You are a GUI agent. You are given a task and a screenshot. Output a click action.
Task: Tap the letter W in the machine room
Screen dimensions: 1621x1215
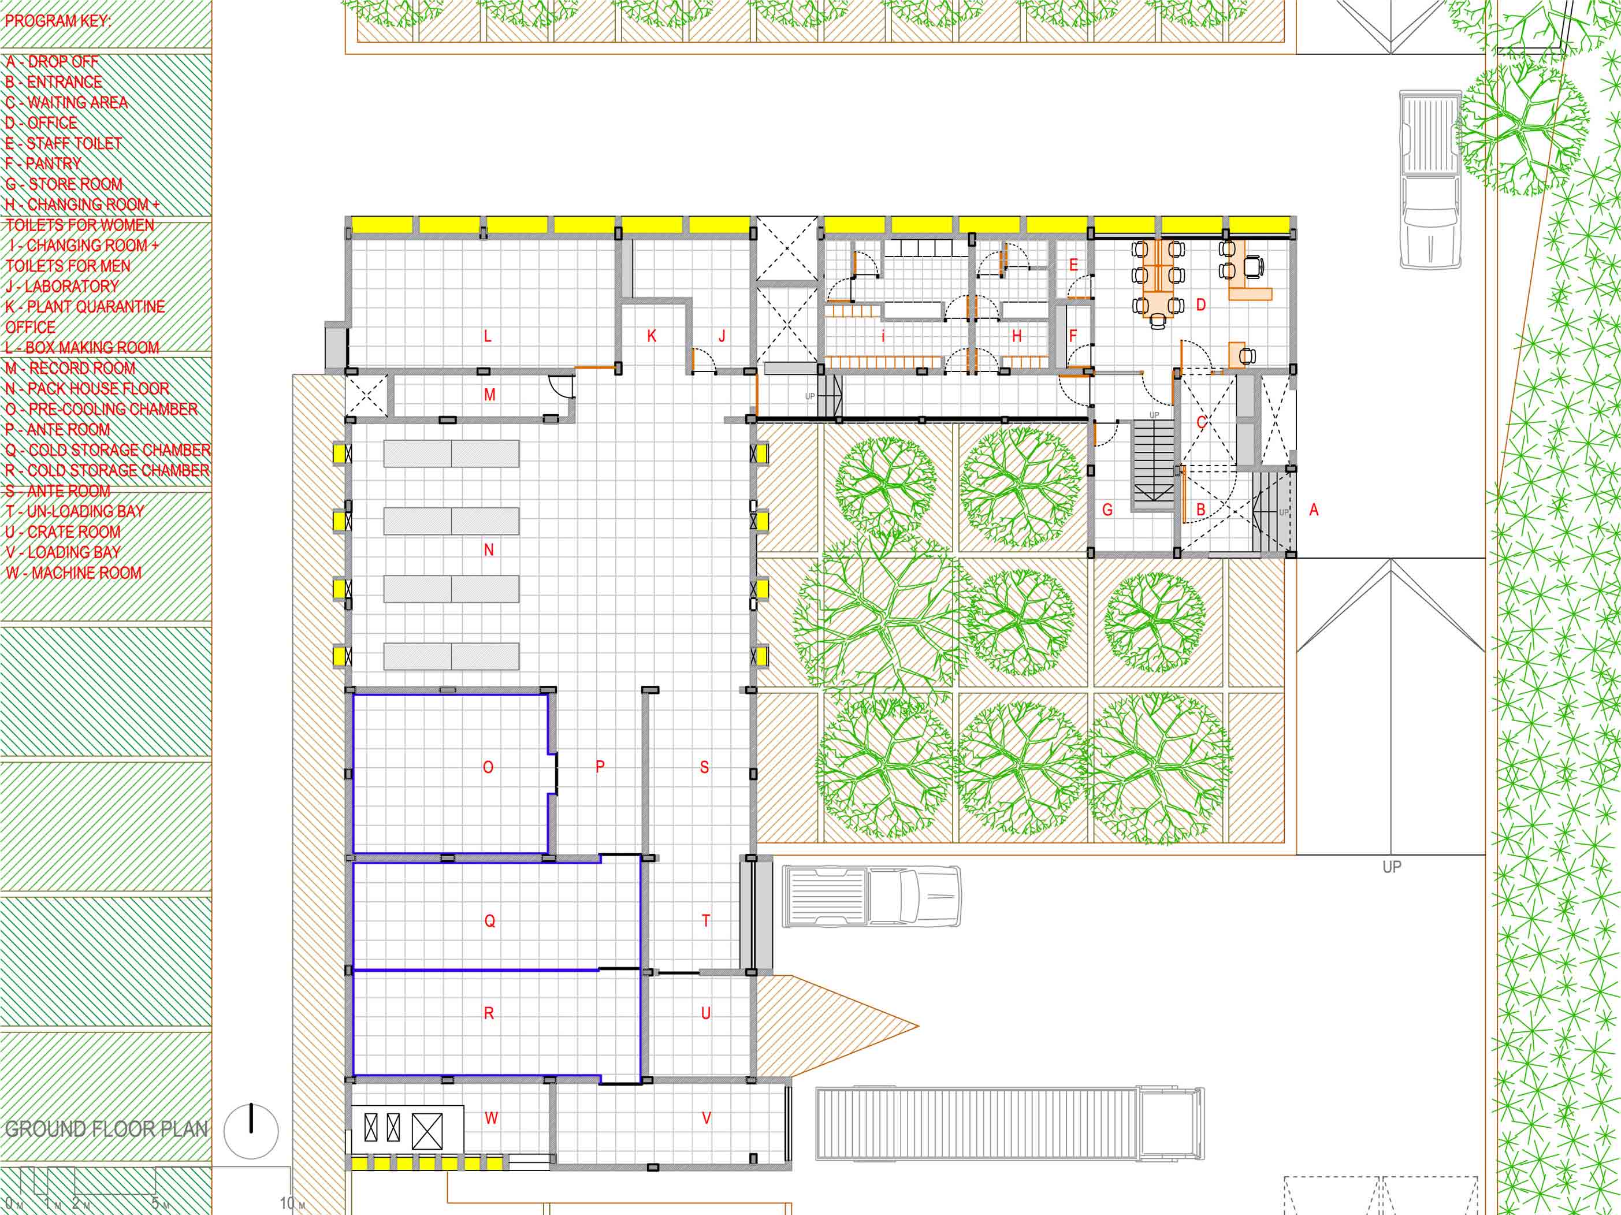(491, 1119)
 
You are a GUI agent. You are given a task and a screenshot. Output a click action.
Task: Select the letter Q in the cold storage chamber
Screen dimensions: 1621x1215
(489, 921)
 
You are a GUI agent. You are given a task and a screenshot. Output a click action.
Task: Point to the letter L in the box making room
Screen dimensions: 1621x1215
(488, 337)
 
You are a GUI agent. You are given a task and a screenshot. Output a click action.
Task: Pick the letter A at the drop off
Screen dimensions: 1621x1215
(1313, 510)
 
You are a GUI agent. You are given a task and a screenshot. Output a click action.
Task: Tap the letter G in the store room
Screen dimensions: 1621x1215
(1107, 510)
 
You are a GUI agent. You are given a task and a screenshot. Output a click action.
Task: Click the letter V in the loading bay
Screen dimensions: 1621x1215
(707, 1119)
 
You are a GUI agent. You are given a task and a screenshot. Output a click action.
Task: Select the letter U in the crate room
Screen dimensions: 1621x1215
(706, 1013)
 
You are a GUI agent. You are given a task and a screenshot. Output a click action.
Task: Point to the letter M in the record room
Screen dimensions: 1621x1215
(489, 395)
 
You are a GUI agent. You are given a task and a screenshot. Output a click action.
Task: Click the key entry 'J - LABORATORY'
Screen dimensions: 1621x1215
(62, 287)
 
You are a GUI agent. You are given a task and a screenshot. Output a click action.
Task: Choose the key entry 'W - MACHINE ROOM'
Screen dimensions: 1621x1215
(73, 573)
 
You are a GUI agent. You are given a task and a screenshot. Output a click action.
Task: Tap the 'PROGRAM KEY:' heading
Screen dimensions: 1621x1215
(58, 21)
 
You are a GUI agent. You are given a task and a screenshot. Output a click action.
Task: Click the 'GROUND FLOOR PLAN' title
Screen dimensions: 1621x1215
(106, 1129)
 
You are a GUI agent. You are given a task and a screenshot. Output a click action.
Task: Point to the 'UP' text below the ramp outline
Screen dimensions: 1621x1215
(1392, 867)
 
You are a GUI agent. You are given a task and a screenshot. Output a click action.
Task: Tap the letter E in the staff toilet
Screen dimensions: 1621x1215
(1073, 265)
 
